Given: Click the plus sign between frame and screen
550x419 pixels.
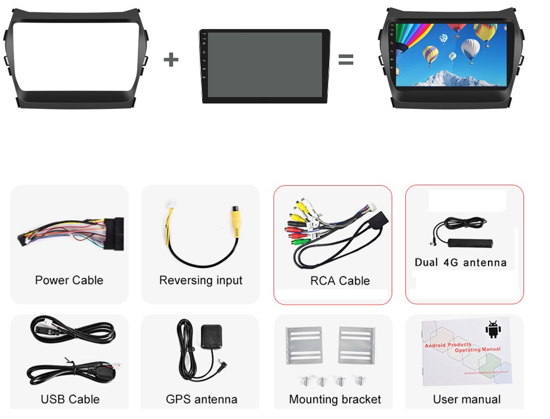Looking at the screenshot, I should (x=171, y=59).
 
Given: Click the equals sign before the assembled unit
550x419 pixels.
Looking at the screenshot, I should (x=346, y=60).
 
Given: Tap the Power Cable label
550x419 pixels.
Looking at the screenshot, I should (x=69, y=280).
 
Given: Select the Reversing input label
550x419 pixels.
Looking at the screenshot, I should (x=201, y=280).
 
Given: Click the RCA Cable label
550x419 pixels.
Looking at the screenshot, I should (x=340, y=281).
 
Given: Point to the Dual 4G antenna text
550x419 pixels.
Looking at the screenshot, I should (x=461, y=262).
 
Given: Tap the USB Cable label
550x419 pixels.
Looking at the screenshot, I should (x=70, y=399).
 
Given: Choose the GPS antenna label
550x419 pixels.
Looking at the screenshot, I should (x=201, y=399).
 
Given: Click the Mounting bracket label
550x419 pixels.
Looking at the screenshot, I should (x=335, y=399).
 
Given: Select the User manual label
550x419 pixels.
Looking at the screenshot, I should (x=467, y=399).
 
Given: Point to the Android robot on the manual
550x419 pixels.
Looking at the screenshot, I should (x=492, y=329).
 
